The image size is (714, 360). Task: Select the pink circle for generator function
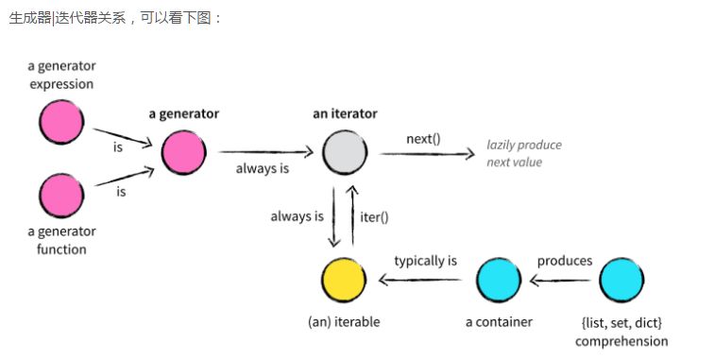point(61,196)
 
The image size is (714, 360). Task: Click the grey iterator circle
point(345,150)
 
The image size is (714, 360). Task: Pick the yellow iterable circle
point(343,279)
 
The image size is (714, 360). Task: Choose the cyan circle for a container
point(498,279)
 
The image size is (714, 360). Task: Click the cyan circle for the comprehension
point(620,279)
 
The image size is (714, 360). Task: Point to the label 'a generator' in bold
point(183,113)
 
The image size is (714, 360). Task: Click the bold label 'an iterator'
point(345,113)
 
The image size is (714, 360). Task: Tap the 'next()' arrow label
point(423,138)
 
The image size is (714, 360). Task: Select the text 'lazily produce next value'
point(524,153)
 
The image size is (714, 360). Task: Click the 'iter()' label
point(375,216)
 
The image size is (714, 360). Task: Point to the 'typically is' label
point(425,260)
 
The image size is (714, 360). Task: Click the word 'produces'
point(565,260)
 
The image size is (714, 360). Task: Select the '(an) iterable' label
point(344,321)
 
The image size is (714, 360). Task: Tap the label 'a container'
point(499,321)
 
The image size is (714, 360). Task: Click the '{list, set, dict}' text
point(621,322)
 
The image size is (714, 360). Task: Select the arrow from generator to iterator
point(265,151)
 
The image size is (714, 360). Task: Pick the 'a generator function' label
point(62,240)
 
